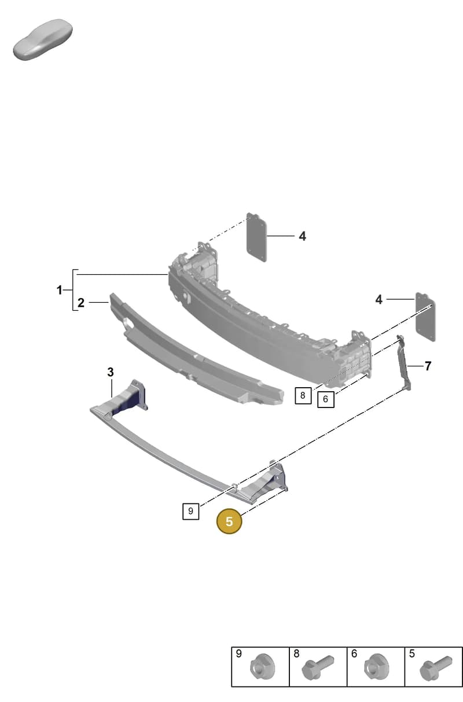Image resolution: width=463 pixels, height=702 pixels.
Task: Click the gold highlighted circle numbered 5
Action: tap(229, 521)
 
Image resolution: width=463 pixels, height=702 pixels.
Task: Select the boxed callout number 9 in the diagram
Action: tap(190, 511)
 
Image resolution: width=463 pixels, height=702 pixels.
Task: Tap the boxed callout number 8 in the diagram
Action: tap(303, 395)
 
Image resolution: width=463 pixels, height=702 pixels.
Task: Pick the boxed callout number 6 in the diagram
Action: tap(326, 399)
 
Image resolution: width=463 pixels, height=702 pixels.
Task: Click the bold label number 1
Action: tap(60, 290)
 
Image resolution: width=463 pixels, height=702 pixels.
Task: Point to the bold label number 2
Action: tap(81, 303)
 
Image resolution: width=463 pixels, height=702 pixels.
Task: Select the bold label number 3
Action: tap(111, 372)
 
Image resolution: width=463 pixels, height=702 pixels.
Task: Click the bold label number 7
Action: tap(428, 366)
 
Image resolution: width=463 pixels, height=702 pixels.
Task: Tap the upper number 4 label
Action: tap(302, 236)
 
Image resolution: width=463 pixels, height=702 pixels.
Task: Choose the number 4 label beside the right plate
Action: tap(379, 300)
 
